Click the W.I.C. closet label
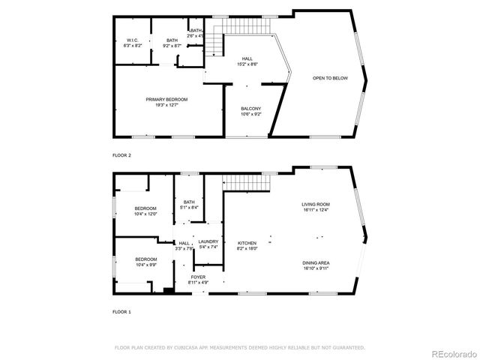pyautogui.click(x=132, y=40)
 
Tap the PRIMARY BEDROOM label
pyautogui.click(x=166, y=99)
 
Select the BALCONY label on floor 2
pyautogui.click(x=250, y=109)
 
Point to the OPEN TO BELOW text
pyautogui.click(x=330, y=78)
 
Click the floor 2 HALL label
pyautogui.click(x=247, y=58)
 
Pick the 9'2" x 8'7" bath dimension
pyautogui.click(x=172, y=46)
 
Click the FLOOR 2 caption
pyautogui.click(x=121, y=155)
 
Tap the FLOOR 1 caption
pyautogui.click(x=121, y=311)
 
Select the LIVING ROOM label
pyautogui.click(x=316, y=204)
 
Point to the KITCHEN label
pyautogui.click(x=247, y=243)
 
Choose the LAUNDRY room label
pyautogui.click(x=208, y=241)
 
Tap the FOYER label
pyautogui.click(x=198, y=277)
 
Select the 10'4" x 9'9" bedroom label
pyautogui.click(x=145, y=264)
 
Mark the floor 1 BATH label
pyautogui.click(x=189, y=202)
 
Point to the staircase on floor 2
pyautogui.click(x=214, y=43)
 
